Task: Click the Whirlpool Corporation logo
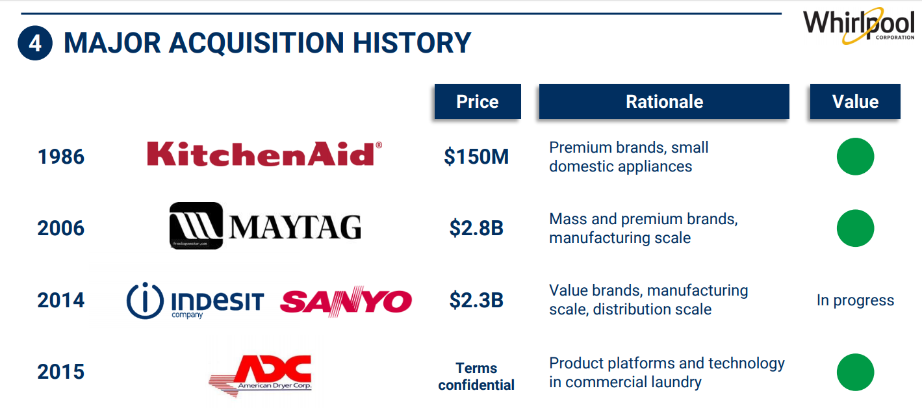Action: click(x=858, y=25)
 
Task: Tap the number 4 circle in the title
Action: click(x=35, y=43)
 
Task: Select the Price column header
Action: click(x=478, y=101)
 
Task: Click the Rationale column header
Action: click(x=664, y=101)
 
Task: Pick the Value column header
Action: click(x=855, y=101)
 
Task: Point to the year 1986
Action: click(x=61, y=157)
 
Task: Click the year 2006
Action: click(x=61, y=228)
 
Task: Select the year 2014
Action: click(x=61, y=300)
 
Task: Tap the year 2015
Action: click(x=61, y=372)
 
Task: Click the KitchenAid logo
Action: click(x=264, y=153)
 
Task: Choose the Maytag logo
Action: click(x=265, y=225)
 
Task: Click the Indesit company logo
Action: click(x=195, y=301)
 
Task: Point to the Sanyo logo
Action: click(x=346, y=301)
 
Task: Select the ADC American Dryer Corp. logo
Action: click(x=260, y=376)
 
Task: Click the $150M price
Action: click(x=476, y=157)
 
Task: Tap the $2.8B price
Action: click(x=476, y=228)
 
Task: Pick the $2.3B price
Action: click(x=476, y=300)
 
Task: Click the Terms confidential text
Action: click(x=476, y=376)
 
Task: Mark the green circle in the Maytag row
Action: click(x=855, y=228)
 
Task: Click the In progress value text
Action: click(x=855, y=301)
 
